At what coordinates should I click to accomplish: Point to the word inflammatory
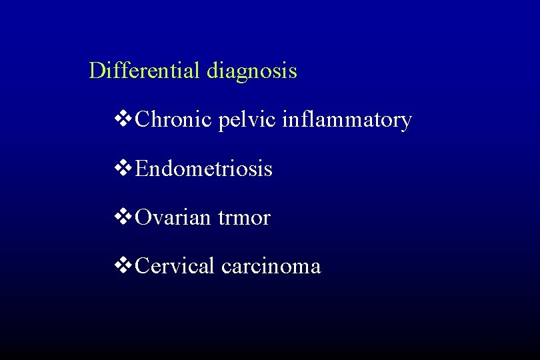347,121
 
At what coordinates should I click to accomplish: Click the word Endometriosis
203,169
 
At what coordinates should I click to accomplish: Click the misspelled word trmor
244,218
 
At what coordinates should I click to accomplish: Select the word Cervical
175,266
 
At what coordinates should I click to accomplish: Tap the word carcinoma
271,267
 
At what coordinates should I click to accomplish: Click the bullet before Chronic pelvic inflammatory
124,120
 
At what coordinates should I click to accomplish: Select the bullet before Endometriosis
124,169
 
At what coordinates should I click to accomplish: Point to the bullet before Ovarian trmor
124,217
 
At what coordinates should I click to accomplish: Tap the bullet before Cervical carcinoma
124,266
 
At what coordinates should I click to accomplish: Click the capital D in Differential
97,71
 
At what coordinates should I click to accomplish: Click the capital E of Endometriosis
141,169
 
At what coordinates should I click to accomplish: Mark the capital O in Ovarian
143,217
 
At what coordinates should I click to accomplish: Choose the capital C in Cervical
142,266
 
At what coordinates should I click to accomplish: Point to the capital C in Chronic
142,120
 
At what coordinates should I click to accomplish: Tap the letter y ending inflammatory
405,123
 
